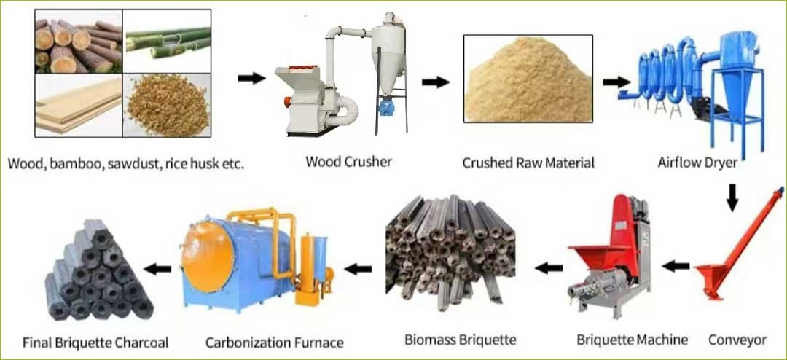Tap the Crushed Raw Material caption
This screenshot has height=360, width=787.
(x=528, y=163)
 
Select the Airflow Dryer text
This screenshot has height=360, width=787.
(x=697, y=163)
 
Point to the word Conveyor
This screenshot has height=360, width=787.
(x=737, y=340)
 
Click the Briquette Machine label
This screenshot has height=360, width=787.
(x=632, y=340)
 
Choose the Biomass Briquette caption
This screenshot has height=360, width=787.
(x=461, y=340)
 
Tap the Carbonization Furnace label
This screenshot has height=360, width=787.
(x=275, y=343)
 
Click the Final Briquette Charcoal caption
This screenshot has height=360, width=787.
(x=95, y=343)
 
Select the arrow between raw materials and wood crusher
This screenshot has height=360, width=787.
(x=251, y=78)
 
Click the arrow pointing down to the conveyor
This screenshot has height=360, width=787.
(x=732, y=197)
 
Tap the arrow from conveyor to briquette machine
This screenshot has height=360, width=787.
(x=676, y=266)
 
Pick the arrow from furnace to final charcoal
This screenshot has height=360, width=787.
(x=157, y=269)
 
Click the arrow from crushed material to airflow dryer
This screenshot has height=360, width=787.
(x=616, y=82)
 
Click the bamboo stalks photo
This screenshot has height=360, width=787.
(x=167, y=41)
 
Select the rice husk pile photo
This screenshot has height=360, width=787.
(x=167, y=106)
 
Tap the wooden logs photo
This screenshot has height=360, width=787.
(x=79, y=41)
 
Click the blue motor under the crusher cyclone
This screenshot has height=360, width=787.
(x=386, y=107)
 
